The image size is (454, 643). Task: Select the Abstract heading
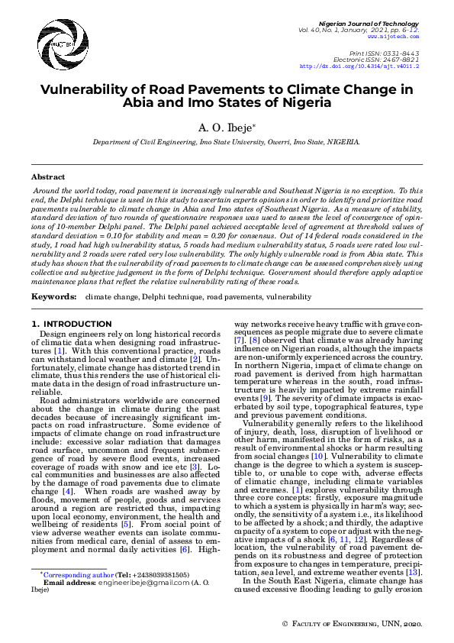pyautogui.click(x=47, y=176)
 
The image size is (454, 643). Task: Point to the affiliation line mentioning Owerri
pyautogui.click(x=226, y=142)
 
